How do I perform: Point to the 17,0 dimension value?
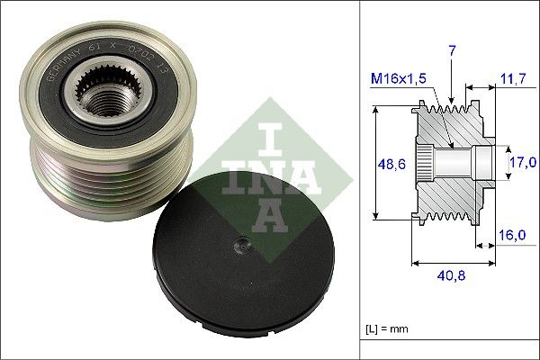[x=523, y=162]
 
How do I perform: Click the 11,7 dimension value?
[x=513, y=80]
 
